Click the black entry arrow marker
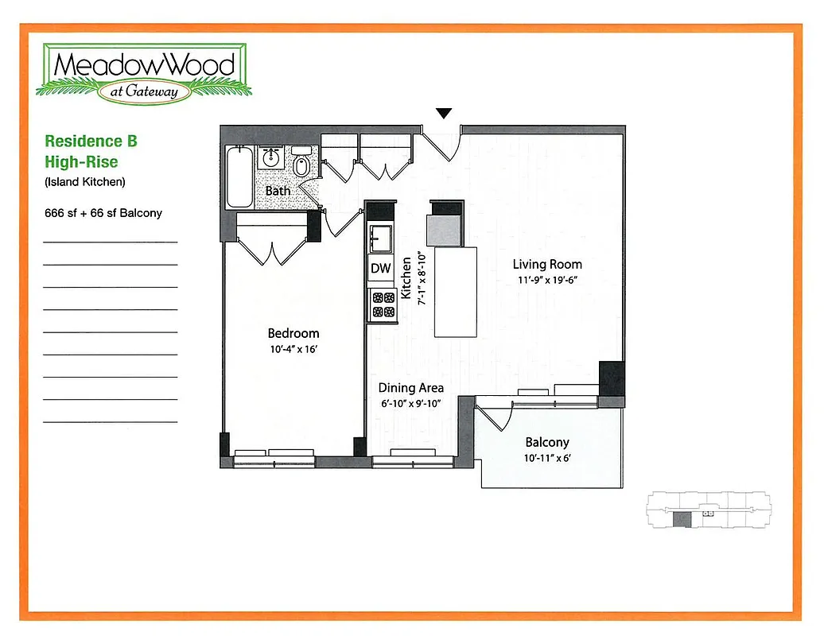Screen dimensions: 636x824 tap(444, 114)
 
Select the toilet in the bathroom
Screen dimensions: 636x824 tap(301, 165)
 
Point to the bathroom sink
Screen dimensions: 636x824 tap(270, 157)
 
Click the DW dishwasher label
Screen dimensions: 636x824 tap(381, 269)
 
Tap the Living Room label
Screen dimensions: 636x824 tap(546, 265)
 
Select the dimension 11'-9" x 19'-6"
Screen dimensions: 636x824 tap(546, 280)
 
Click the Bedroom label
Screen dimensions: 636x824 tap(293, 334)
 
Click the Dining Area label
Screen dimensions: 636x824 tap(410, 388)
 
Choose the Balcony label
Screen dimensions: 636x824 tap(546, 443)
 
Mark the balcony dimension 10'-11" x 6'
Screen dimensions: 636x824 tap(546, 458)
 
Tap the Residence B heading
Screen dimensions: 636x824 tap(91, 142)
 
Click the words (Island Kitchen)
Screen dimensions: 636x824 tap(85, 182)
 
